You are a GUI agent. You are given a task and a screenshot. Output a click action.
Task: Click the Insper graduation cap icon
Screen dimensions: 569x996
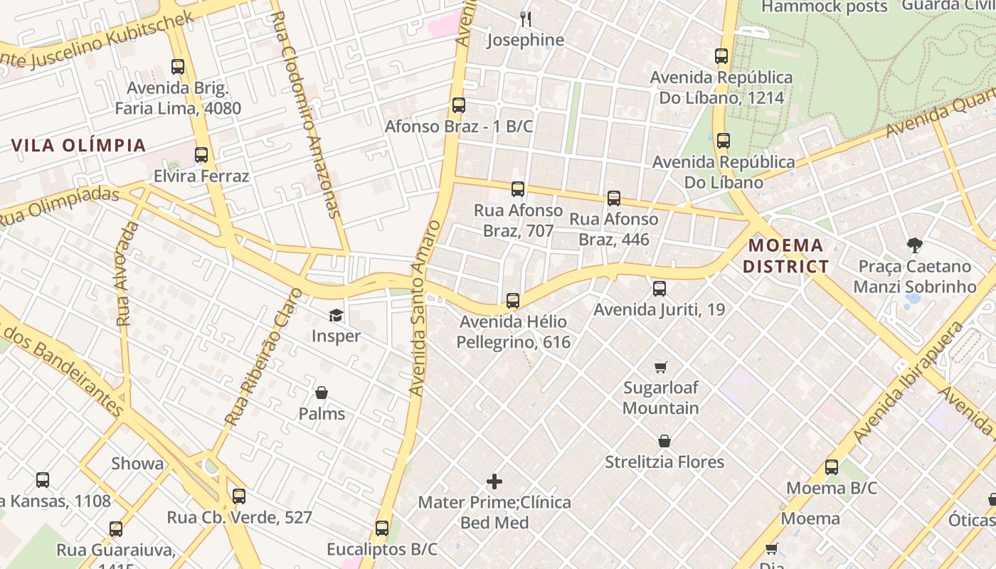[x=336, y=315]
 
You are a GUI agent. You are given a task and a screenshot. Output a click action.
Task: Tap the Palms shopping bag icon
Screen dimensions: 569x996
[x=322, y=393]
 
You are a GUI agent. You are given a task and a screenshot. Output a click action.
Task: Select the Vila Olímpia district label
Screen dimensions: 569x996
[x=78, y=146]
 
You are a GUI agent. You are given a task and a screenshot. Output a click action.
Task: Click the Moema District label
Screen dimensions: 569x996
[x=788, y=256]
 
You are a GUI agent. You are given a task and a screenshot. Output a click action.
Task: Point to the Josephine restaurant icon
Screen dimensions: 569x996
[x=526, y=18]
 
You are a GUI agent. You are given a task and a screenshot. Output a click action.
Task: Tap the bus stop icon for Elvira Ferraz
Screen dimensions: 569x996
[x=201, y=155]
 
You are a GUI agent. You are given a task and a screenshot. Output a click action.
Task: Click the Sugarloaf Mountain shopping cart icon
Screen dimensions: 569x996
[x=661, y=367]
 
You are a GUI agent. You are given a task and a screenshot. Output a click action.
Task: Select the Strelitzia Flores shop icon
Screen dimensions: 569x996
[x=664, y=441]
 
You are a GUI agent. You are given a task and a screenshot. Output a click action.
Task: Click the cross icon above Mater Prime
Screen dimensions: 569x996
[x=494, y=482]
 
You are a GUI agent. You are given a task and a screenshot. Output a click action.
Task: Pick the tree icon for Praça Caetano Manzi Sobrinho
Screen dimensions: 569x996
[x=915, y=246]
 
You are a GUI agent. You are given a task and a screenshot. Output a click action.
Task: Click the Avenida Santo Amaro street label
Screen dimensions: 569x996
[x=425, y=307]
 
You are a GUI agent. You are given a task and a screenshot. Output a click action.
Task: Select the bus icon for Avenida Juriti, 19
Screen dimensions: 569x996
[x=659, y=289]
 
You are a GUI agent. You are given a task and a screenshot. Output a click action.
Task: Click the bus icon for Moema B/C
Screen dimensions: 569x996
[x=832, y=467]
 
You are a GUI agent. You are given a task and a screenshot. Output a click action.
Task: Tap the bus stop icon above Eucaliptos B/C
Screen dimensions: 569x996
[x=382, y=528]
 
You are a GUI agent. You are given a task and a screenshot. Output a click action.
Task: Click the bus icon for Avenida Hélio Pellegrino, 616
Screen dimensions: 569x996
[x=513, y=301]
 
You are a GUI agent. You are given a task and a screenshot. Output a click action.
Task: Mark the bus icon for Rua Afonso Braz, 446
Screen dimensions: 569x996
[x=614, y=198]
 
